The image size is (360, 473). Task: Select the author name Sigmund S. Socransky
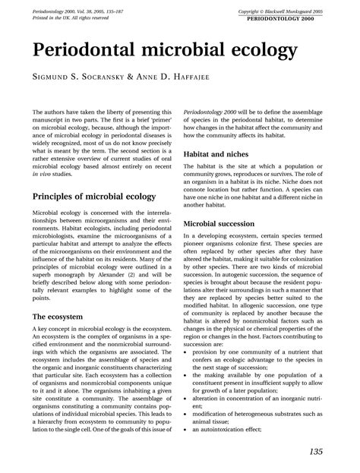(84, 77)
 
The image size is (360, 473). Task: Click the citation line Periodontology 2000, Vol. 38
(78, 11)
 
